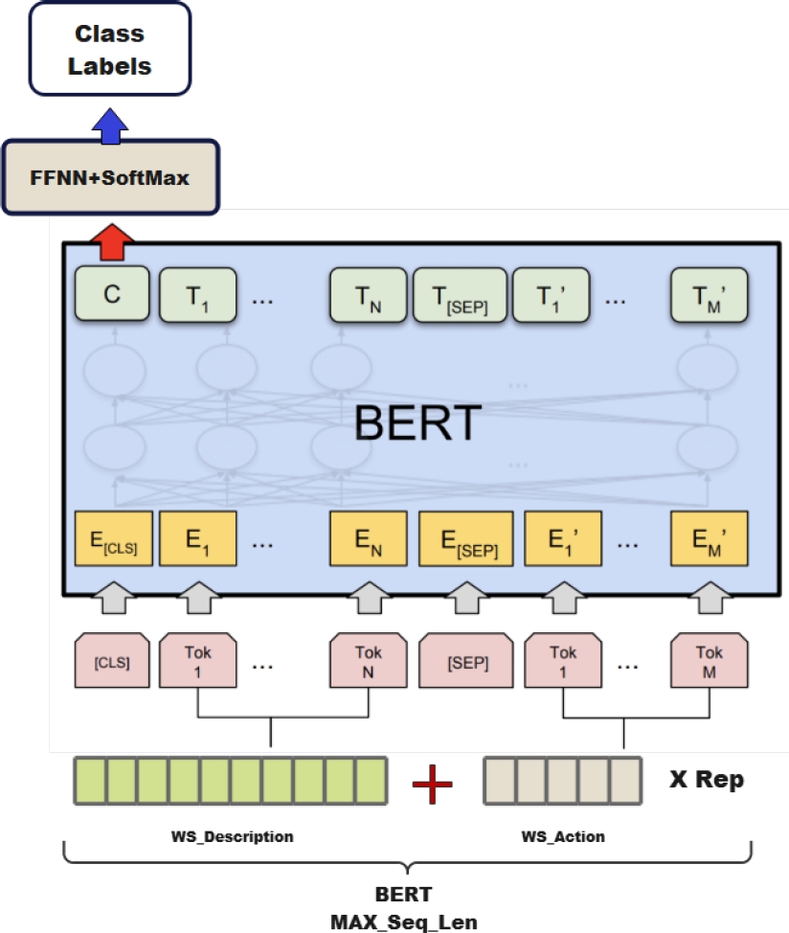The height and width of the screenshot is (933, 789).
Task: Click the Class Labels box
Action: pos(110,51)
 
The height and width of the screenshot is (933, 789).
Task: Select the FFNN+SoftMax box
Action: pos(110,177)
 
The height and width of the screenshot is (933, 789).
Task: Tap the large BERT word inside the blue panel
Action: pos(417,423)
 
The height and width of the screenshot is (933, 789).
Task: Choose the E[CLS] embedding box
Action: pos(114,539)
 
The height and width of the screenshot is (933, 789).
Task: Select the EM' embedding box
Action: pos(710,539)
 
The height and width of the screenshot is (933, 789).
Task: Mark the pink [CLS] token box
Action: pos(112,661)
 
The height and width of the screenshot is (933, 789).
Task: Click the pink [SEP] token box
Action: pos(467,661)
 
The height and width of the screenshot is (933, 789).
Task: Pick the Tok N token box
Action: pos(369,661)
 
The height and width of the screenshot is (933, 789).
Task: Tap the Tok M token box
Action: pos(710,661)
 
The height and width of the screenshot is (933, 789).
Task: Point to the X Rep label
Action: pos(706,780)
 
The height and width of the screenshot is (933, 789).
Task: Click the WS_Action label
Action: pos(563,836)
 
